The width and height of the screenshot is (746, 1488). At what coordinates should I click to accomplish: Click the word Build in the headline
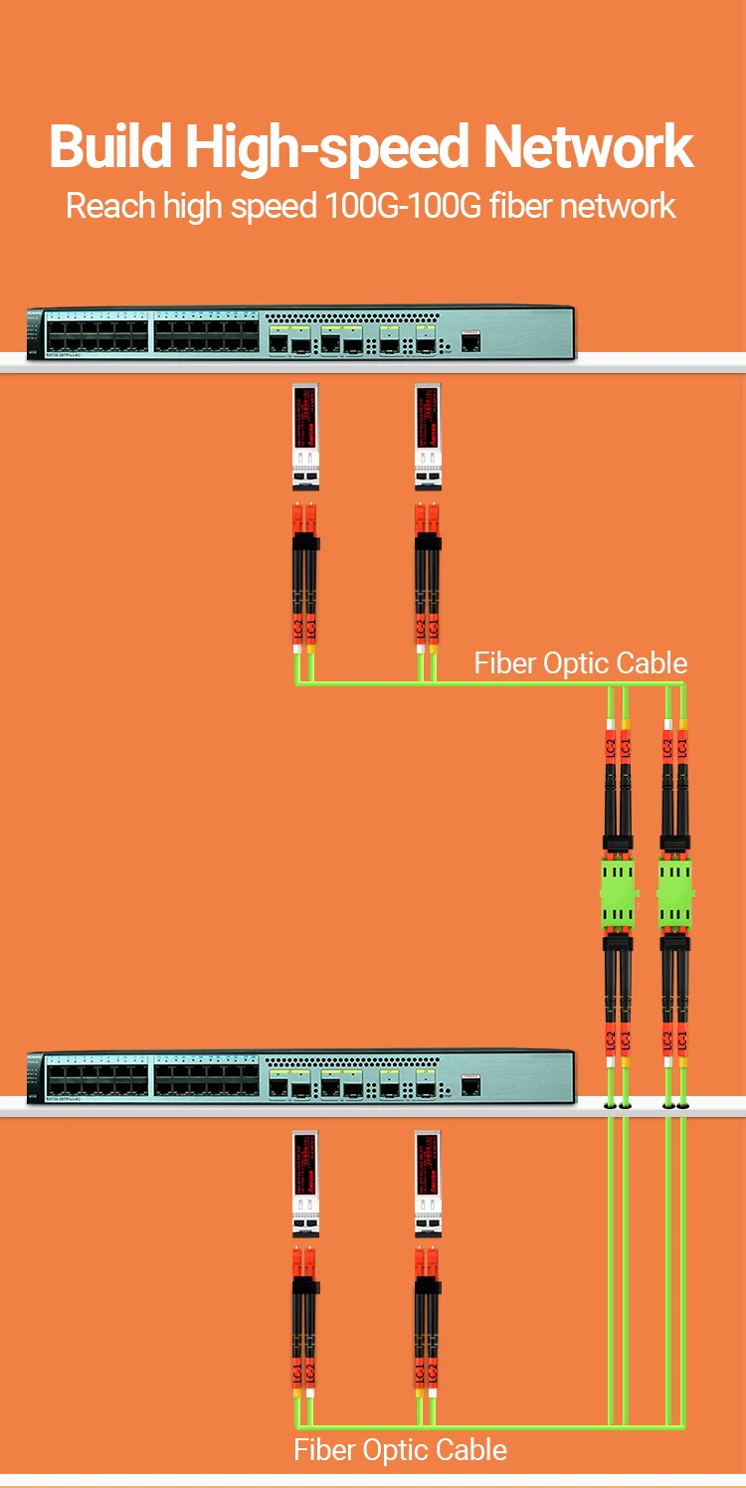click(111, 147)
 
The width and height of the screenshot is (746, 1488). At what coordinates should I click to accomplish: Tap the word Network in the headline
click(588, 147)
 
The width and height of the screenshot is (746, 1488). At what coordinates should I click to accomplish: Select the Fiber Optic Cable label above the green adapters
click(580, 663)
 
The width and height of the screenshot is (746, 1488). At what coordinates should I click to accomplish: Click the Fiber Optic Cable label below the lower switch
click(400, 1449)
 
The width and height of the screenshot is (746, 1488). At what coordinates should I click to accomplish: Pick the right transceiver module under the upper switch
click(427, 437)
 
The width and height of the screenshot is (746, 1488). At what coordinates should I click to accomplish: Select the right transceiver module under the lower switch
click(427, 1183)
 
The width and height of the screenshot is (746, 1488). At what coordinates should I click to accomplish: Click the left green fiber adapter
click(617, 892)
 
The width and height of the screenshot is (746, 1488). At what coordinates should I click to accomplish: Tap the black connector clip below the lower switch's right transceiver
click(427, 1287)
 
